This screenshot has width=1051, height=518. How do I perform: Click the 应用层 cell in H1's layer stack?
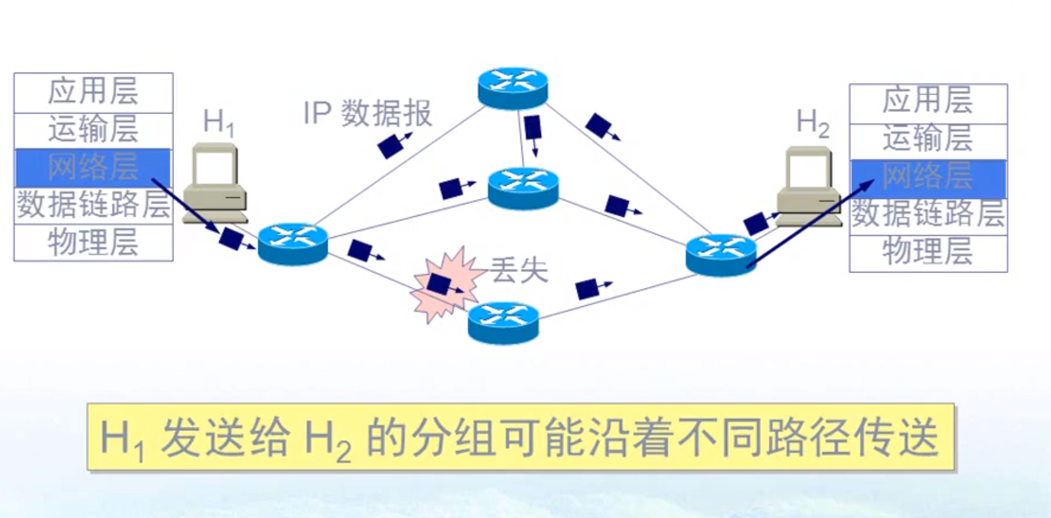93,93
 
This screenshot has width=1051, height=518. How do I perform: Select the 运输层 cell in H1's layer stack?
93,130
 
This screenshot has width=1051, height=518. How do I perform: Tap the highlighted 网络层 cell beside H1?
93,168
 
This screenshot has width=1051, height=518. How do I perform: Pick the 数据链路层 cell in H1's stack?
93,206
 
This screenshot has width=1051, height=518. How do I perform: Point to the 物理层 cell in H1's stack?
93,243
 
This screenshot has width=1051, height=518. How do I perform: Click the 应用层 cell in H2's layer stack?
928,103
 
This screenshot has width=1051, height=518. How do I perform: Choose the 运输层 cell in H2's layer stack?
928,141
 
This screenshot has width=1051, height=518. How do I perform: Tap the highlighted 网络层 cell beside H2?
928,178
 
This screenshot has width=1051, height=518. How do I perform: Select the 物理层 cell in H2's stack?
928,253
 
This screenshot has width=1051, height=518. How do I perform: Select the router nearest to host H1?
292,244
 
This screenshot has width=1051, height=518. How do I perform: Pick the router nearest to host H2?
721,255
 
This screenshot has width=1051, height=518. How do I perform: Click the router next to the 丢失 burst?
503,322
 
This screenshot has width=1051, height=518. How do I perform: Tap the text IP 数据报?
368,114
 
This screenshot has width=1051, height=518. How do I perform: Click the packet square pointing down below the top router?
533,130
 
